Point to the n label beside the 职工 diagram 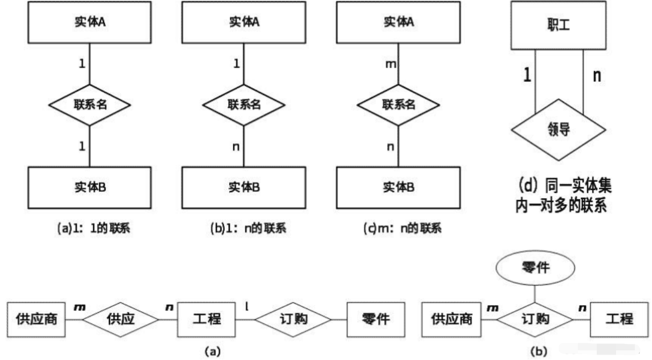point(596,76)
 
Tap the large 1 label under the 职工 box point(527,76)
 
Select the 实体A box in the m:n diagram point(398,22)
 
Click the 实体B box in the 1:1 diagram point(90,187)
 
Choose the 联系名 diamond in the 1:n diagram point(244,104)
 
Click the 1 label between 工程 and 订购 point(247,306)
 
